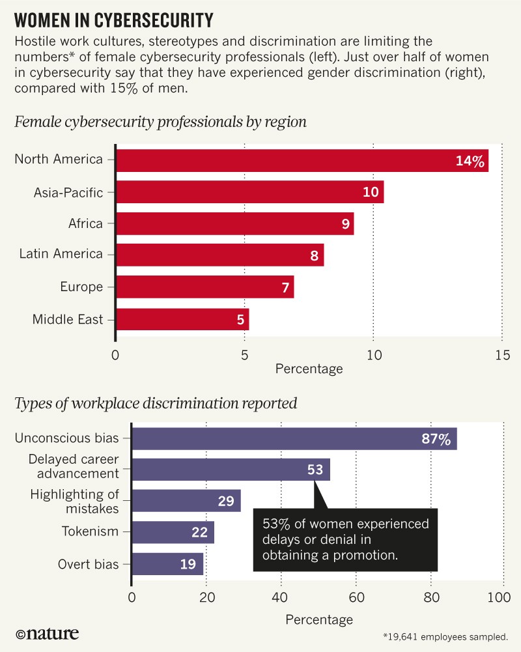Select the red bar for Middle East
pyautogui.click(x=182, y=319)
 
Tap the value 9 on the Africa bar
pyautogui.click(x=345, y=224)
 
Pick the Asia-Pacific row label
pyautogui.click(x=68, y=192)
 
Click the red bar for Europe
pyautogui.click(x=204, y=287)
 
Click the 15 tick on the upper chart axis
pyautogui.click(x=501, y=356)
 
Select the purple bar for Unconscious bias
pyautogui.click(x=294, y=439)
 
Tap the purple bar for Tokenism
pyautogui.click(x=173, y=532)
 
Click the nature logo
pyautogui.click(x=46, y=633)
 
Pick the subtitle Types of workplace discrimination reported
pyautogui.click(x=156, y=403)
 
